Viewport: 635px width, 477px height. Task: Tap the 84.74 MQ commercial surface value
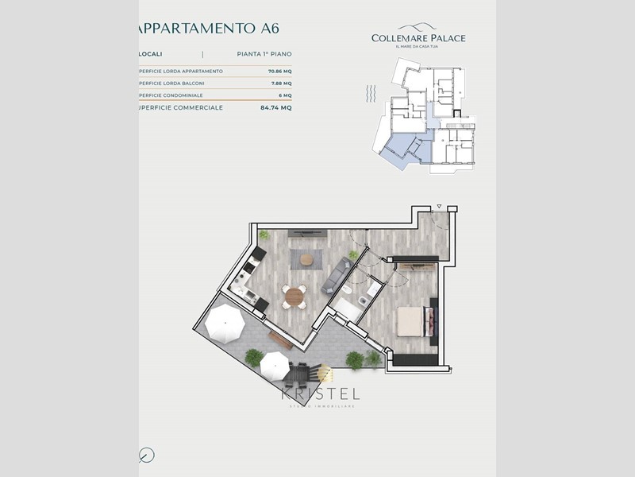tap(275, 107)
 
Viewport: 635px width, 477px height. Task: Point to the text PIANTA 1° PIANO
tap(264, 54)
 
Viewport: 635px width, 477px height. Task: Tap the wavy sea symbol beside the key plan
tap(370, 96)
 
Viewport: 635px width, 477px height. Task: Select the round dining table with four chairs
tap(294, 297)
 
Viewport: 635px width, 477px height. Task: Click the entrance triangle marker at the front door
tap(437, 208)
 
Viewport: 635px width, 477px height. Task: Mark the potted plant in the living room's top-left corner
tap(264, 235)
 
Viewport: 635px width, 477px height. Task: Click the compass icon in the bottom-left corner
tap(146, 455)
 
